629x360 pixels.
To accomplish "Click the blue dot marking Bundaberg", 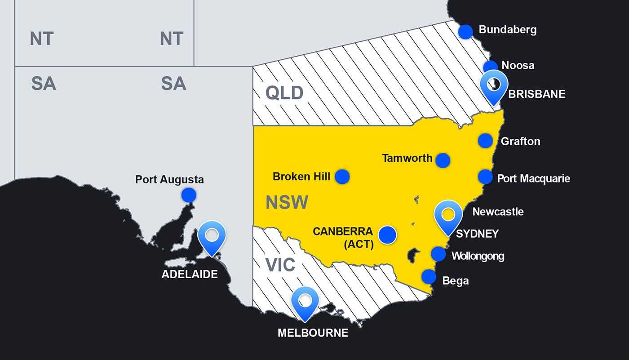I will (x=465, y=31).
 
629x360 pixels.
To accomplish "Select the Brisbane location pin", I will (x=494, y=85).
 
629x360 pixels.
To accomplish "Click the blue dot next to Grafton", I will (x=485, y=141).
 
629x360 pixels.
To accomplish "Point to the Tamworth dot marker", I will (x=443, y=160).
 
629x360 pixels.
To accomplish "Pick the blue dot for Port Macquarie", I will (x=485, y=177).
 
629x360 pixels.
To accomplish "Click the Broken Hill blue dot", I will (x=342, y=177).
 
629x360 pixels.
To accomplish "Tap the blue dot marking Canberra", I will (x=387, y=234).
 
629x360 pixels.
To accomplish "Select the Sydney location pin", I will (x=448, y=215).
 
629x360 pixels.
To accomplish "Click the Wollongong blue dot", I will (x=439, y=254).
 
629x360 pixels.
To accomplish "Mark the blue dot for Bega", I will (x=429, y=276).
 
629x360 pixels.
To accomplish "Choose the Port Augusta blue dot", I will (x=189, y=195).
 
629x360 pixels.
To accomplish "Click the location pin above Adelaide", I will (x=212, y=236).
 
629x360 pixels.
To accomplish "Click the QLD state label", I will (x=284, y=93).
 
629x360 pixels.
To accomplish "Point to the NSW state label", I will (x=287, y=203).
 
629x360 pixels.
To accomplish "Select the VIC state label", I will (x=280, y=265).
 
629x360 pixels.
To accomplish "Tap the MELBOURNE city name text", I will (x=313, y=333).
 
